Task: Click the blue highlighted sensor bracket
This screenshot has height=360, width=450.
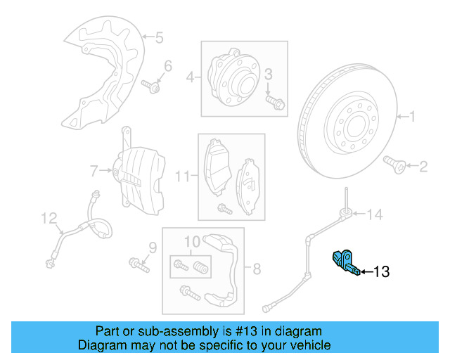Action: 345,261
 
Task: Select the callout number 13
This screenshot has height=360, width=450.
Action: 380,271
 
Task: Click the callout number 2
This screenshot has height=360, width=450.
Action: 423,167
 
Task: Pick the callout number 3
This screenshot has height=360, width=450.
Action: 268,75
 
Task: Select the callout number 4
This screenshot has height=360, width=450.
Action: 189,77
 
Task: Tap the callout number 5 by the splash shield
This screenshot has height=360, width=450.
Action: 159,37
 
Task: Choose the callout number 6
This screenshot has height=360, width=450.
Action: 167,66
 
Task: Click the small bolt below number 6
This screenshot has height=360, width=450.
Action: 152,87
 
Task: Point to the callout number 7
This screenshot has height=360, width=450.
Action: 94,169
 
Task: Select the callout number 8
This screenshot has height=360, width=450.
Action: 257,268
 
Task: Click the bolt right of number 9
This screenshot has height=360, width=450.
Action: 139,265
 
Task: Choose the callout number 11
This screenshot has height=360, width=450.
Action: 182,176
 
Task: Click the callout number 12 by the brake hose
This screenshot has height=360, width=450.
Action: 48,219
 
